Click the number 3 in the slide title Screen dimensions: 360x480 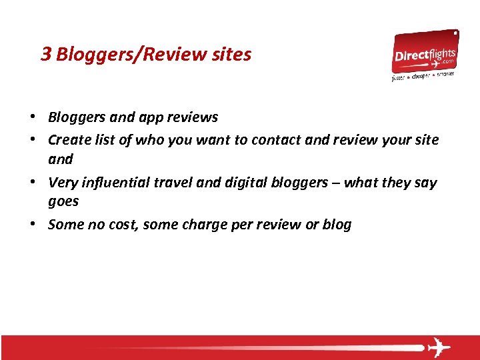coord(46,54)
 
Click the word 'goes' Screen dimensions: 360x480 coord(63,202)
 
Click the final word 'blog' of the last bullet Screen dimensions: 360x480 coord(337,225)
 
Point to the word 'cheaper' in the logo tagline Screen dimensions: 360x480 coord(421,76)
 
